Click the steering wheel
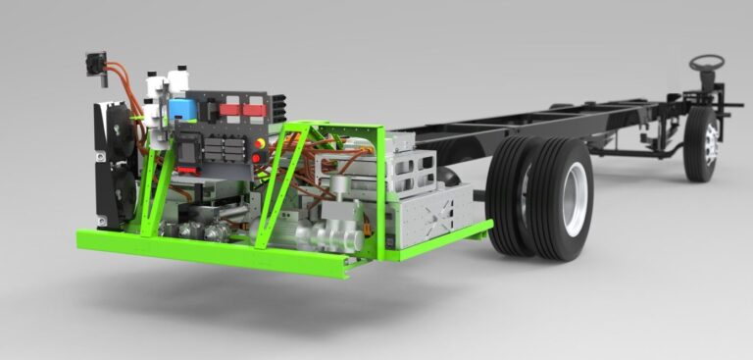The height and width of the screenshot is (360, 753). click(x=706, y=62)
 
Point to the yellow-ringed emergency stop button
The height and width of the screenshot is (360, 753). click(x=261, y=143)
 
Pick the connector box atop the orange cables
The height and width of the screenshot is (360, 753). click(x=95, y=63)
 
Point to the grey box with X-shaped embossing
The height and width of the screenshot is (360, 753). click(x=439, y=212)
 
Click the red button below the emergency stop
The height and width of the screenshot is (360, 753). click(x=260, y=157)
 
